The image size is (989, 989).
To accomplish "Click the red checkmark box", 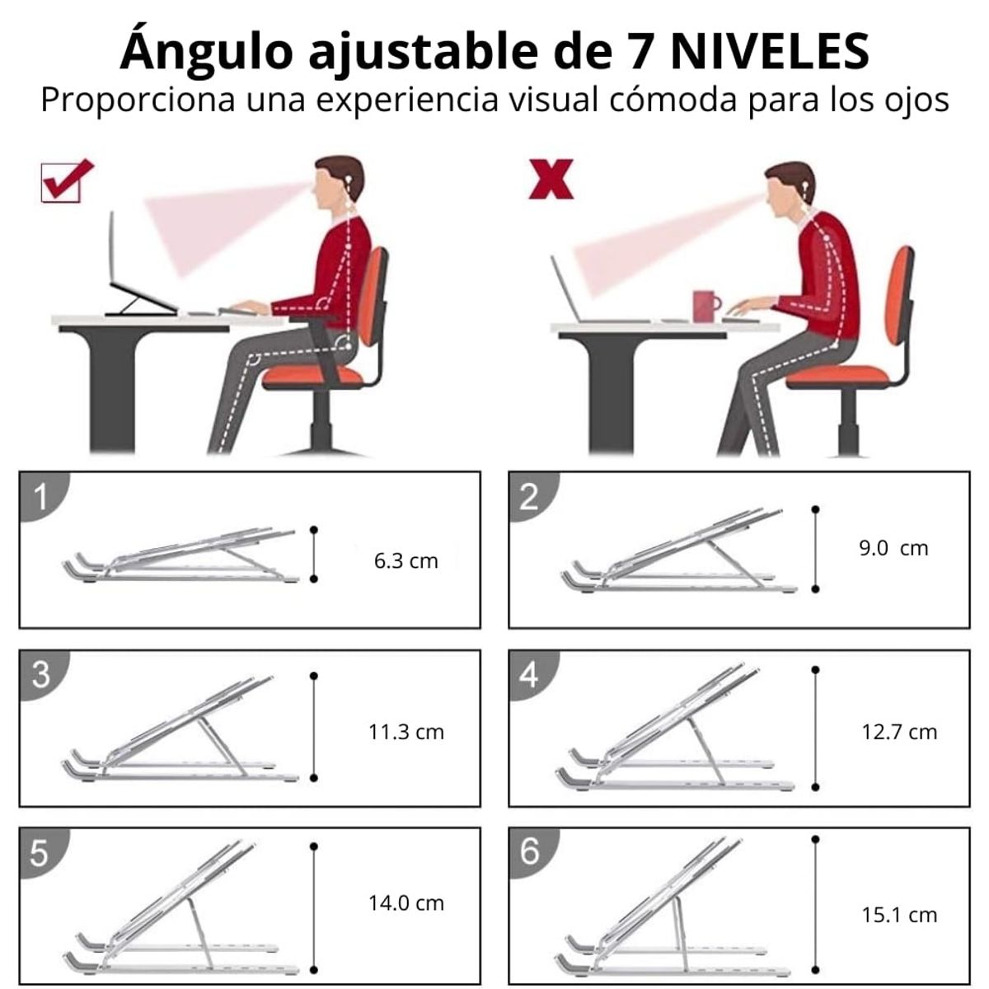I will click(x=66, y=180).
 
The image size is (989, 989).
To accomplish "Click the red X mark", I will click(x=551, y=180).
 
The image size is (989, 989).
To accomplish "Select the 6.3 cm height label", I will click(x=405, y=561).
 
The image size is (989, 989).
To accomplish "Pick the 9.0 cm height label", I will click(x=893, y=548).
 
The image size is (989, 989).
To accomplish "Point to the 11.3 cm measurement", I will click(x=405, y=731).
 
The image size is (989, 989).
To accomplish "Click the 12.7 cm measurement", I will click(x=899, y=731).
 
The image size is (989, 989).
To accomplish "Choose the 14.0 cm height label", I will click(x=405, y=902).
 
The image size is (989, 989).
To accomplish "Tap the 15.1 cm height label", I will click(x=899, y=914).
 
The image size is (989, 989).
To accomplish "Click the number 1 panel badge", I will click(x=40, y=496).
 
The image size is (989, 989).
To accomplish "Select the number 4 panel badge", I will click(x=530, y=674).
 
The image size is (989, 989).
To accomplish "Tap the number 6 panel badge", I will click(x=530, y=851).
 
